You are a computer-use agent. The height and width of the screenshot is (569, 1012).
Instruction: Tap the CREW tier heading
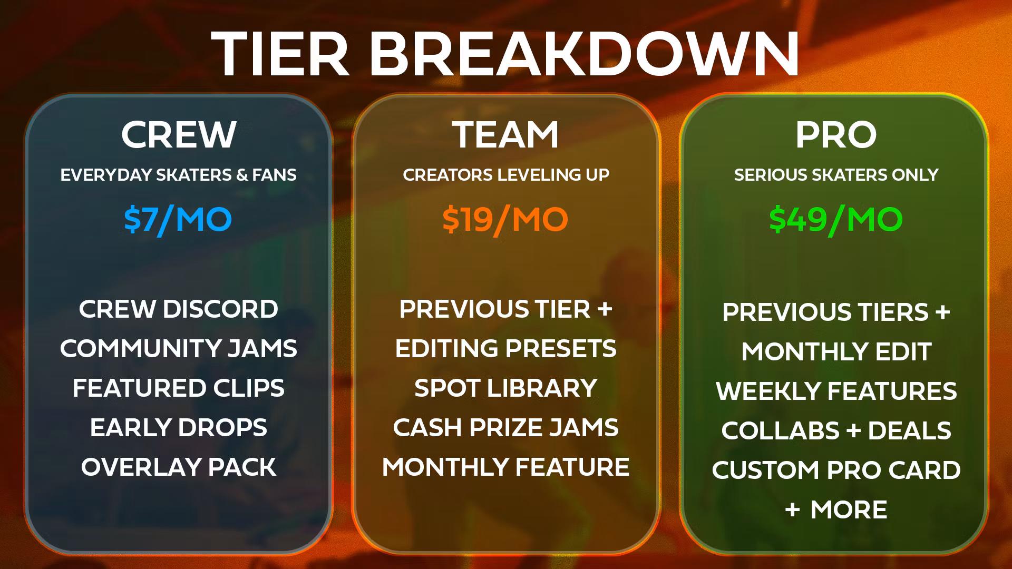point(179,135)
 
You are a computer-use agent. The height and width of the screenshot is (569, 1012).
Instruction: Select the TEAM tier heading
point(505,135)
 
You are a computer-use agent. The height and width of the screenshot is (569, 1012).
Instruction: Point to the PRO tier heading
point(836,135)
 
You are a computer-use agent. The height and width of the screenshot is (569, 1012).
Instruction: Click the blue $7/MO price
point(178,220)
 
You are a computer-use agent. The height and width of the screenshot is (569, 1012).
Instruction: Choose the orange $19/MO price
point(505,220)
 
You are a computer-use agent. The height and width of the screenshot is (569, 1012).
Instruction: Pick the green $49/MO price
point(836,220)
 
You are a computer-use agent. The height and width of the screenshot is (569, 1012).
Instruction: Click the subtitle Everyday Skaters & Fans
point(178,175)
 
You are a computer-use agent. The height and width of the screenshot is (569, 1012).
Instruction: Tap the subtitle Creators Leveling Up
point(506,175)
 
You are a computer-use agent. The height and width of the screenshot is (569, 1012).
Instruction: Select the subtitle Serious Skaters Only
point(836,175)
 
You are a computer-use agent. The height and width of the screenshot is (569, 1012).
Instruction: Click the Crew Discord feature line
point(179,309)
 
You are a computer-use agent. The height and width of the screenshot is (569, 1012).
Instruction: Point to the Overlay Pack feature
point(179,467)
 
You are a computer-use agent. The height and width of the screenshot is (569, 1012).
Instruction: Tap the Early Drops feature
point(179,428)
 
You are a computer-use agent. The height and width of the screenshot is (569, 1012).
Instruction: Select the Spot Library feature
point(505,388)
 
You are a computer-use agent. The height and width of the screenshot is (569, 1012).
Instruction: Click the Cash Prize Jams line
point(505,428)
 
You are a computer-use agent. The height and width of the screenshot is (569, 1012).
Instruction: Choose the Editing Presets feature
point(505,349)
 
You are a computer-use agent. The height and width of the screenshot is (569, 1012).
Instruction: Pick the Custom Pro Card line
point(836,470)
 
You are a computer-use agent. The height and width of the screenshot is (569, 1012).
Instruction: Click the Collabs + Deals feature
point(836,431)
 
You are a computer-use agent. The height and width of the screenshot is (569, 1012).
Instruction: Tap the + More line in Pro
point(836,510)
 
